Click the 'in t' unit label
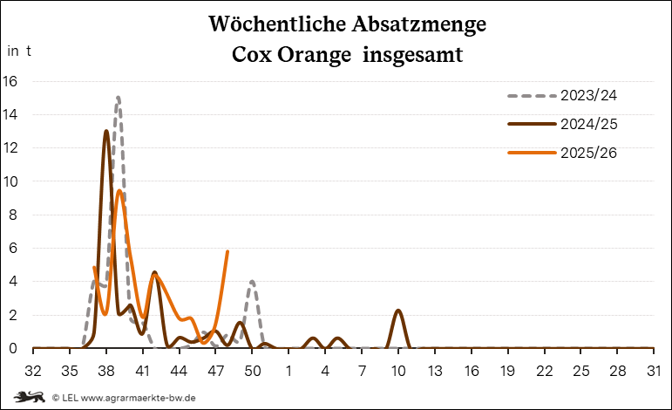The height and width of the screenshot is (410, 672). point(19,51)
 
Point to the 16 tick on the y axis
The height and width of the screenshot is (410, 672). point(10,81)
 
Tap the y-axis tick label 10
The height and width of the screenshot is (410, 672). point(10,181)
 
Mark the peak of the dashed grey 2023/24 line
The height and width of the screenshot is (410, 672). point(118,97)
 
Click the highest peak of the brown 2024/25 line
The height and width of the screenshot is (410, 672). point(106,131)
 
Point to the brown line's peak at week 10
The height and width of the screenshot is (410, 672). point(398,311)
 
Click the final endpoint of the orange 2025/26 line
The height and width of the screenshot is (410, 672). point(227,251)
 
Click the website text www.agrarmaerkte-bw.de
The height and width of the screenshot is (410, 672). point(138,398)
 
